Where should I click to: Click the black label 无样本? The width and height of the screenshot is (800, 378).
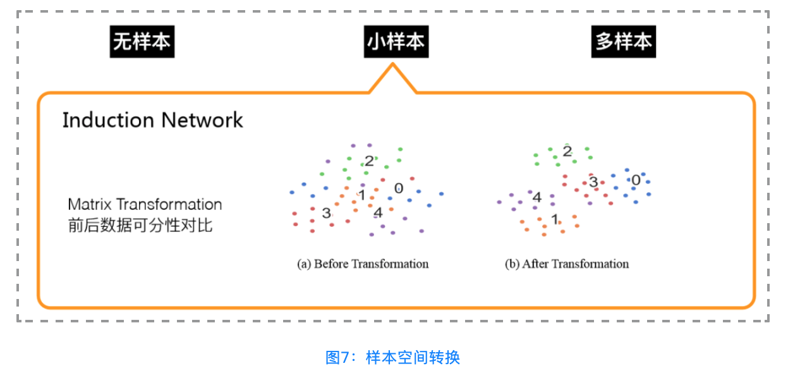pyautogui.click(x=142, y=42)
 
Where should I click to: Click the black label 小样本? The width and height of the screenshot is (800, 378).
pyautogui.click(x=396, y=42)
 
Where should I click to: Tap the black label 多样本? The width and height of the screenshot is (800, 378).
pyautogui.click(x=623, y=42)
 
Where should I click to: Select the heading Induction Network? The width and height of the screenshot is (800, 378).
pyautogui.click(x=152, y=120)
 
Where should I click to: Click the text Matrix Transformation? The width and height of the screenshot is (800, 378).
pyautogui.click(x=145, y=205)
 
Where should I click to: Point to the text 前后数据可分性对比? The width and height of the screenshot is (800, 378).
pyautogui.click(x=140, y=225)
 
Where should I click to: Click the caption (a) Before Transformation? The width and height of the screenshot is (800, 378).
pyautogui.click(x=363, y=264)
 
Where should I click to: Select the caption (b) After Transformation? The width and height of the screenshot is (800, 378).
pyautogui.click(x=567, y=264)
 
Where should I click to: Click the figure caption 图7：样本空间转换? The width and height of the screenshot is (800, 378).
pyautogui.click(x=392, y=357)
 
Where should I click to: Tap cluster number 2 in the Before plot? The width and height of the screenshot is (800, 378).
pyautogui.click(x=369, y=161)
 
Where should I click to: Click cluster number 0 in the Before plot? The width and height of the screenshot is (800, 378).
pyautogui.click(x=398, y=188)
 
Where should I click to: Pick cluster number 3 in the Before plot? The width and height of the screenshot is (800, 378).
pyautogui.click(x=326, y=213)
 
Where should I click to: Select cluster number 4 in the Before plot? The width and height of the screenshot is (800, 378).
pyautogui.click(x=378, y=212)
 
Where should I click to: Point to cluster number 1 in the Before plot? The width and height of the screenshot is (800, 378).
pyautogui.click(x=361, y=195)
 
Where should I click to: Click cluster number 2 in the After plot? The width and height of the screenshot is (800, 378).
pyautogui.click(x=567, y=151)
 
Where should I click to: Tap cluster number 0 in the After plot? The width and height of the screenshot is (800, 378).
pyautogui.click(x=636, y=180)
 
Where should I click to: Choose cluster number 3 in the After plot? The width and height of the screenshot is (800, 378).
pyautogui.click(x=593, y=183)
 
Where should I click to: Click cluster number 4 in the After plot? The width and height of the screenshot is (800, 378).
pyautogui.click(x=537, y=197)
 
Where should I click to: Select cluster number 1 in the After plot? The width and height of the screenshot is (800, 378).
pyautogui.click(x=554, y=220)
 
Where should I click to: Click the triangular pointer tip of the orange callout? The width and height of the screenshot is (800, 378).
pyautogui.click(x=393, y=66)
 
